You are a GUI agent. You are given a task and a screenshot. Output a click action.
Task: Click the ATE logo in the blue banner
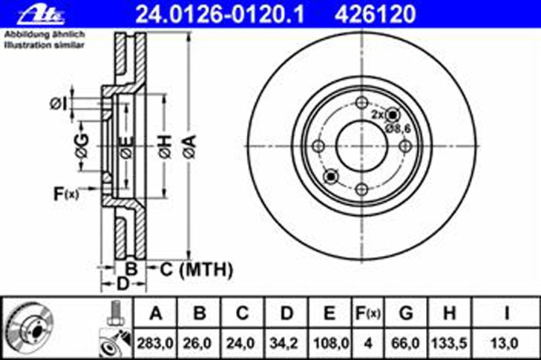click(41, 16)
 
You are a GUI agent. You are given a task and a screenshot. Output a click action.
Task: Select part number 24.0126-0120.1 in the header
click(220, 14)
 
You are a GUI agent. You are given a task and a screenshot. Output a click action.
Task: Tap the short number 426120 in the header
click(376, 14)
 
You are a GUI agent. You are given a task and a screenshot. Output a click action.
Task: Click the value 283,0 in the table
click(155, 343)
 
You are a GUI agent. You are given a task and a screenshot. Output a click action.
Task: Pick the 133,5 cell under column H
click(449, 343)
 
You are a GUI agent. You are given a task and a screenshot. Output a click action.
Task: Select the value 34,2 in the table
click(284, 343)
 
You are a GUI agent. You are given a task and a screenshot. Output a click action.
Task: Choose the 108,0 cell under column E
click(331, 343)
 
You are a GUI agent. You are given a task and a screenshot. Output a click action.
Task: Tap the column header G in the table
click(406, 313)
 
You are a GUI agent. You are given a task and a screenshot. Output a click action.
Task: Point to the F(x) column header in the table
click(368, 313)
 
